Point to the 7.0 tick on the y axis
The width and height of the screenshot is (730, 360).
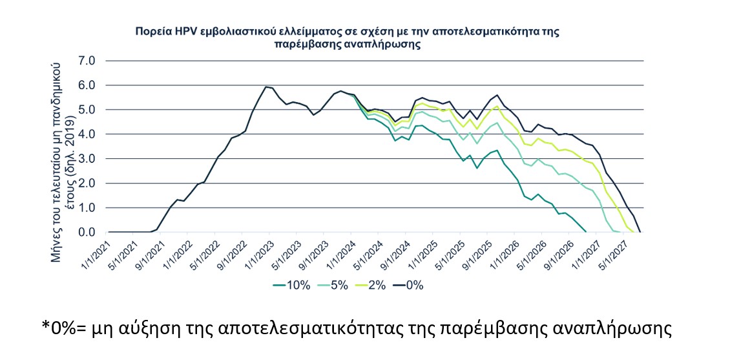(x=87, y=61)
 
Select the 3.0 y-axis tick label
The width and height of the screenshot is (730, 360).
(x=87, y=159)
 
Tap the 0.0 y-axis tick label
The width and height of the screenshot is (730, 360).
(x=87, y=232)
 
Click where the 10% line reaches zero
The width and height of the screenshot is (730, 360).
(x=585, y=231)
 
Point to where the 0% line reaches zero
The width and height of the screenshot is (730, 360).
(x=640, y=231)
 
